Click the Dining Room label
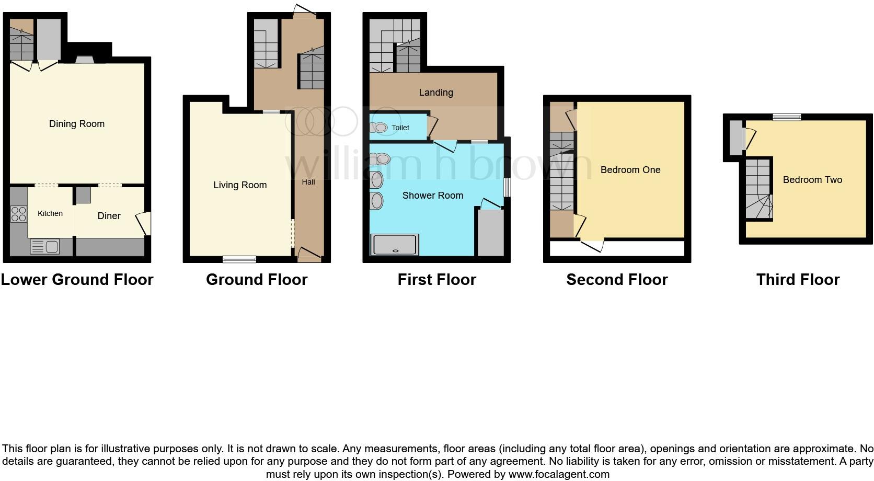click(x=77, y=124)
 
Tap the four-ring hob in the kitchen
click(x=19, y=214)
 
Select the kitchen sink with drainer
click(x=45, y=246)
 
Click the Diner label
click(x=109, y=215)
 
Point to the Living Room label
click(x=240, y=185)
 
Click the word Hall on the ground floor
click(x=308, y=182)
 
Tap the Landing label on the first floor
click(x=436, y=93)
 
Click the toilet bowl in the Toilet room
click(x=380, y=128)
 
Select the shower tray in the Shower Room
click(x=395, y=245)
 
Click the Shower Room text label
click(x=433, y=196)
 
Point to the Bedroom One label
click(x=630, y=170)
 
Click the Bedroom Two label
click(x=812, y=180)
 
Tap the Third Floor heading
click(x=798, y=280)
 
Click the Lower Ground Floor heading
click(x=77, y=280)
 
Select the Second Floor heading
click(x=617, y=280)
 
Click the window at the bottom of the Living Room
click(x=239, y=259)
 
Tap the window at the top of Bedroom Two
click(x=787, y=117)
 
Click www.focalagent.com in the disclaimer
click(x=559, y=474)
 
